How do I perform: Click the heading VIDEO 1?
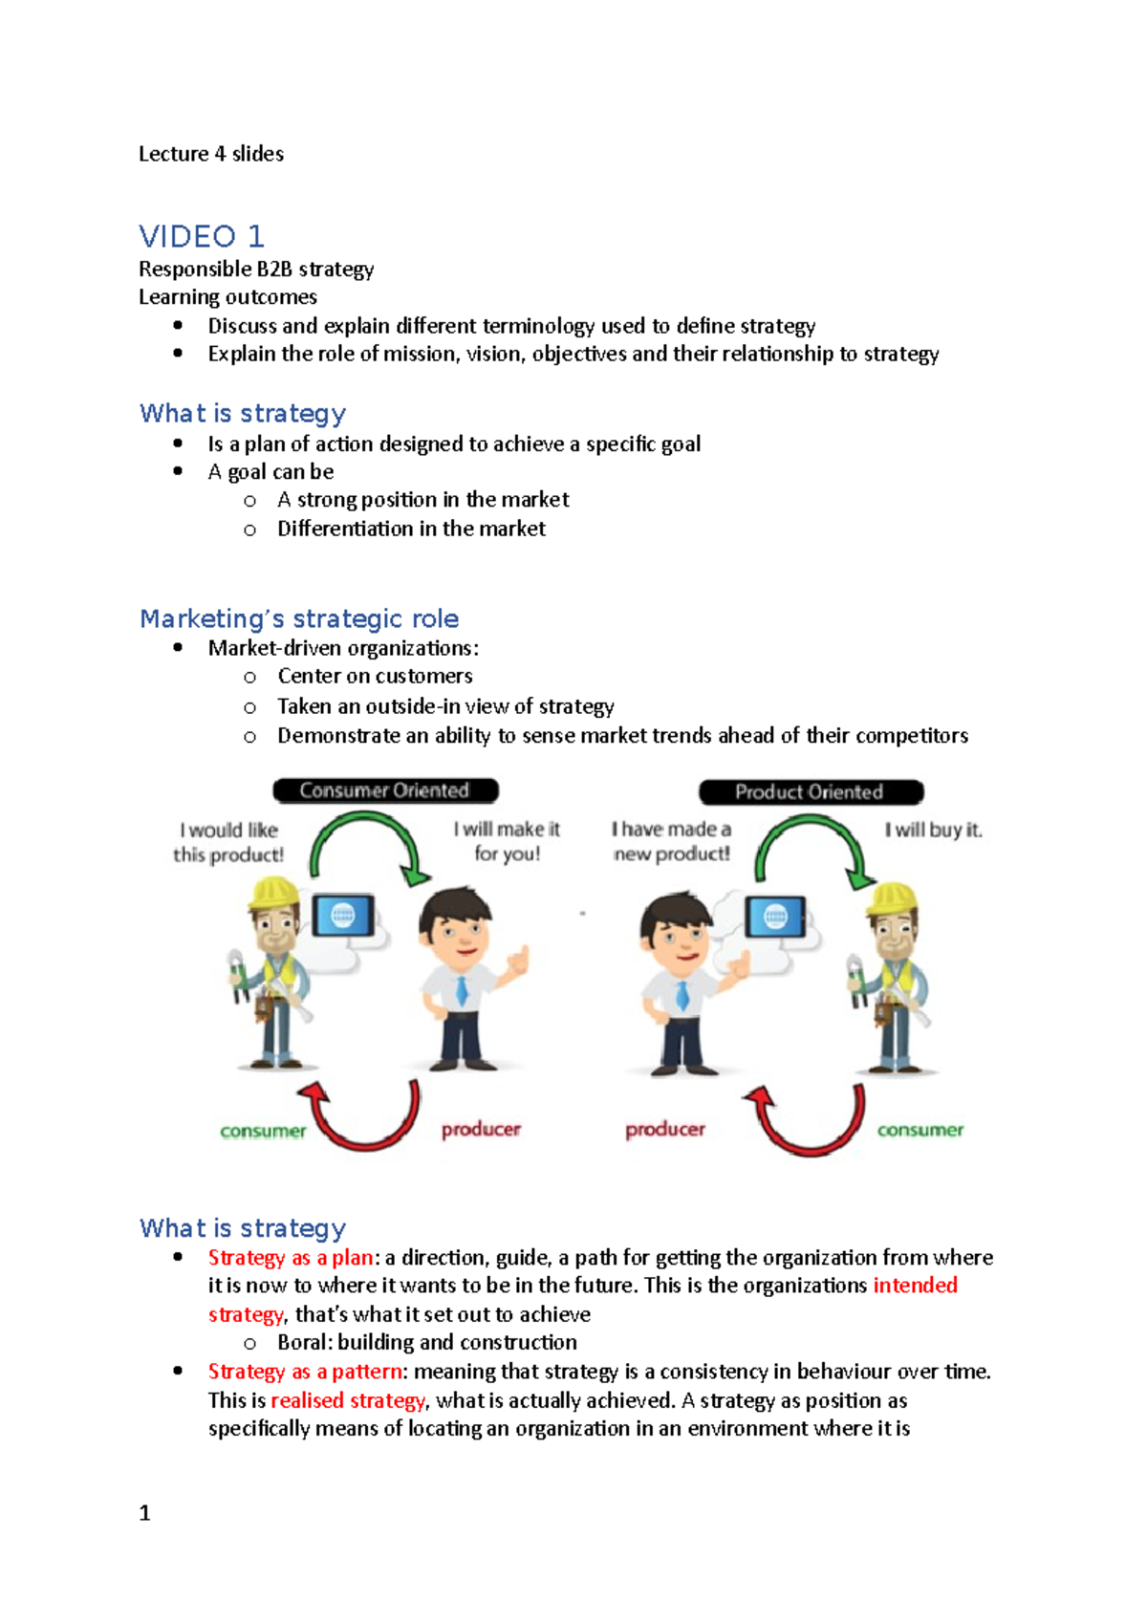(202, 236)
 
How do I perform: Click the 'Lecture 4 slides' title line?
(211, 154)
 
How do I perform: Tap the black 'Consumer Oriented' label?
(385, 790)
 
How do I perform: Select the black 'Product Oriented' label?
(810, 791)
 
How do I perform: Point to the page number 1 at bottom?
(145, 1513)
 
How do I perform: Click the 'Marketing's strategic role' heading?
(299, 618)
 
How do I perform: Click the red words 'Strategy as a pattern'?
(305, 1372)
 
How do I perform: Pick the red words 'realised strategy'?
(348, 1400)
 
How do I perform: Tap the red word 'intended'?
(915, 1286)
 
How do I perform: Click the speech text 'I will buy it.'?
(933, 830)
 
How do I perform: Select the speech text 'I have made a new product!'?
(672, 841)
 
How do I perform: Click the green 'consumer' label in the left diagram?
(263, 1132)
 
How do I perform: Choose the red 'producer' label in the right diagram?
(665, 1130)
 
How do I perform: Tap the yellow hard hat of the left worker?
(273, 893)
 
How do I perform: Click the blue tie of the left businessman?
(463, 989)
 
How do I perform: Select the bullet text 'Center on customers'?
(375, 677)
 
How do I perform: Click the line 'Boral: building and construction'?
(427, 1343)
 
